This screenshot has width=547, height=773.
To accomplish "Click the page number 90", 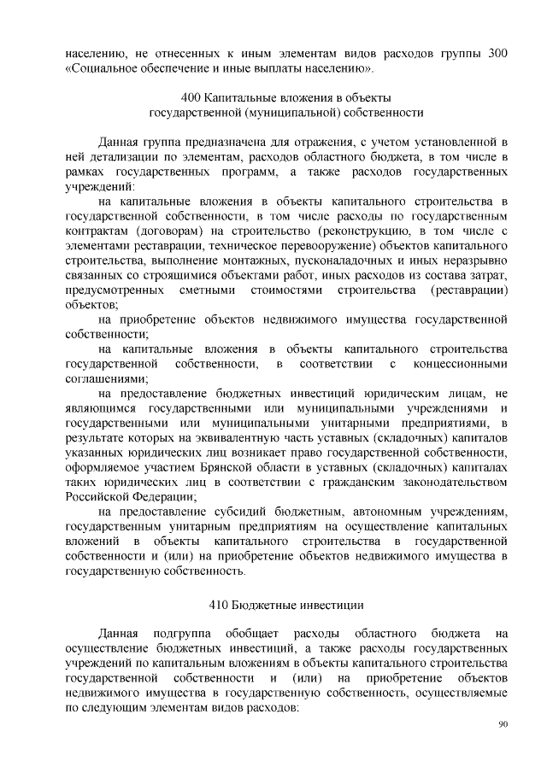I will pyautogui.click(x=503, y=724).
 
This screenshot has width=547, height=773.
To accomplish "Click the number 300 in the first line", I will pyautogui.click(x=497, y=53).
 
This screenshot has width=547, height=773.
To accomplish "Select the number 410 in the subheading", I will pyautogui.click(x=220, y=605).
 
